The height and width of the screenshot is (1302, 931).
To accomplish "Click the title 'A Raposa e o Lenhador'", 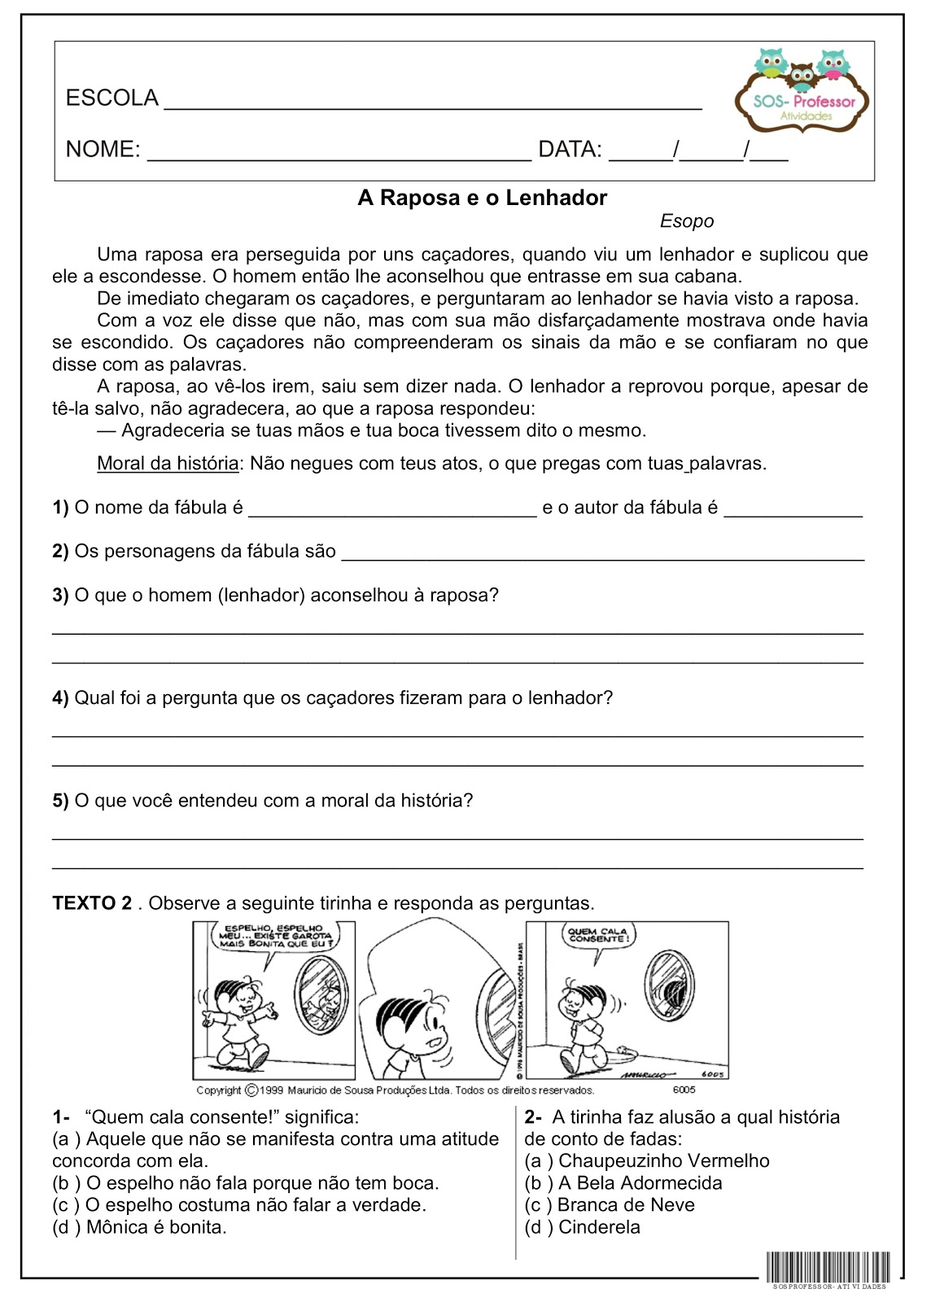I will point(482,198).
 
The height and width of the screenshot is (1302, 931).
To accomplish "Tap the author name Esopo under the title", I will point(686,221).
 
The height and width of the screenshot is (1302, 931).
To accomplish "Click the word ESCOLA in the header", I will point(111,98).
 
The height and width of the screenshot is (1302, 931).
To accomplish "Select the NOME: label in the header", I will point(103,150).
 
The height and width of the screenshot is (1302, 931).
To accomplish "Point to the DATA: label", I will point(570,150).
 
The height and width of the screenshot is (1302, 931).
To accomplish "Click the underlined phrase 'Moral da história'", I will point(168,464).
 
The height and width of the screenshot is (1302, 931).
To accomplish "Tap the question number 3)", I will point(60,596).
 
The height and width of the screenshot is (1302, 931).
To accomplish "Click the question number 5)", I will point(60,801).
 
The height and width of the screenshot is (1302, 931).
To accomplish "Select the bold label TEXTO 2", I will point(92,903).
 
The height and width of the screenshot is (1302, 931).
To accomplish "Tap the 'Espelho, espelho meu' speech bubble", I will point(278,936).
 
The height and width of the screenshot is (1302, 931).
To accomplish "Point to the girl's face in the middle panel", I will point(416,1025).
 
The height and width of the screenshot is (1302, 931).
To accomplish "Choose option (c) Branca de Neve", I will point(610,1205).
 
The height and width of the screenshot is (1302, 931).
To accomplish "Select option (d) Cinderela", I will point(582,1227).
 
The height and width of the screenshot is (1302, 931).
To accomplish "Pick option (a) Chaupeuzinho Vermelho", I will point(646,1161).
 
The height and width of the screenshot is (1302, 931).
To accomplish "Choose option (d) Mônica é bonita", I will point(139,1227).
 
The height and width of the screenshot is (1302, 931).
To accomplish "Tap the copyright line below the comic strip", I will point(395,1090).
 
